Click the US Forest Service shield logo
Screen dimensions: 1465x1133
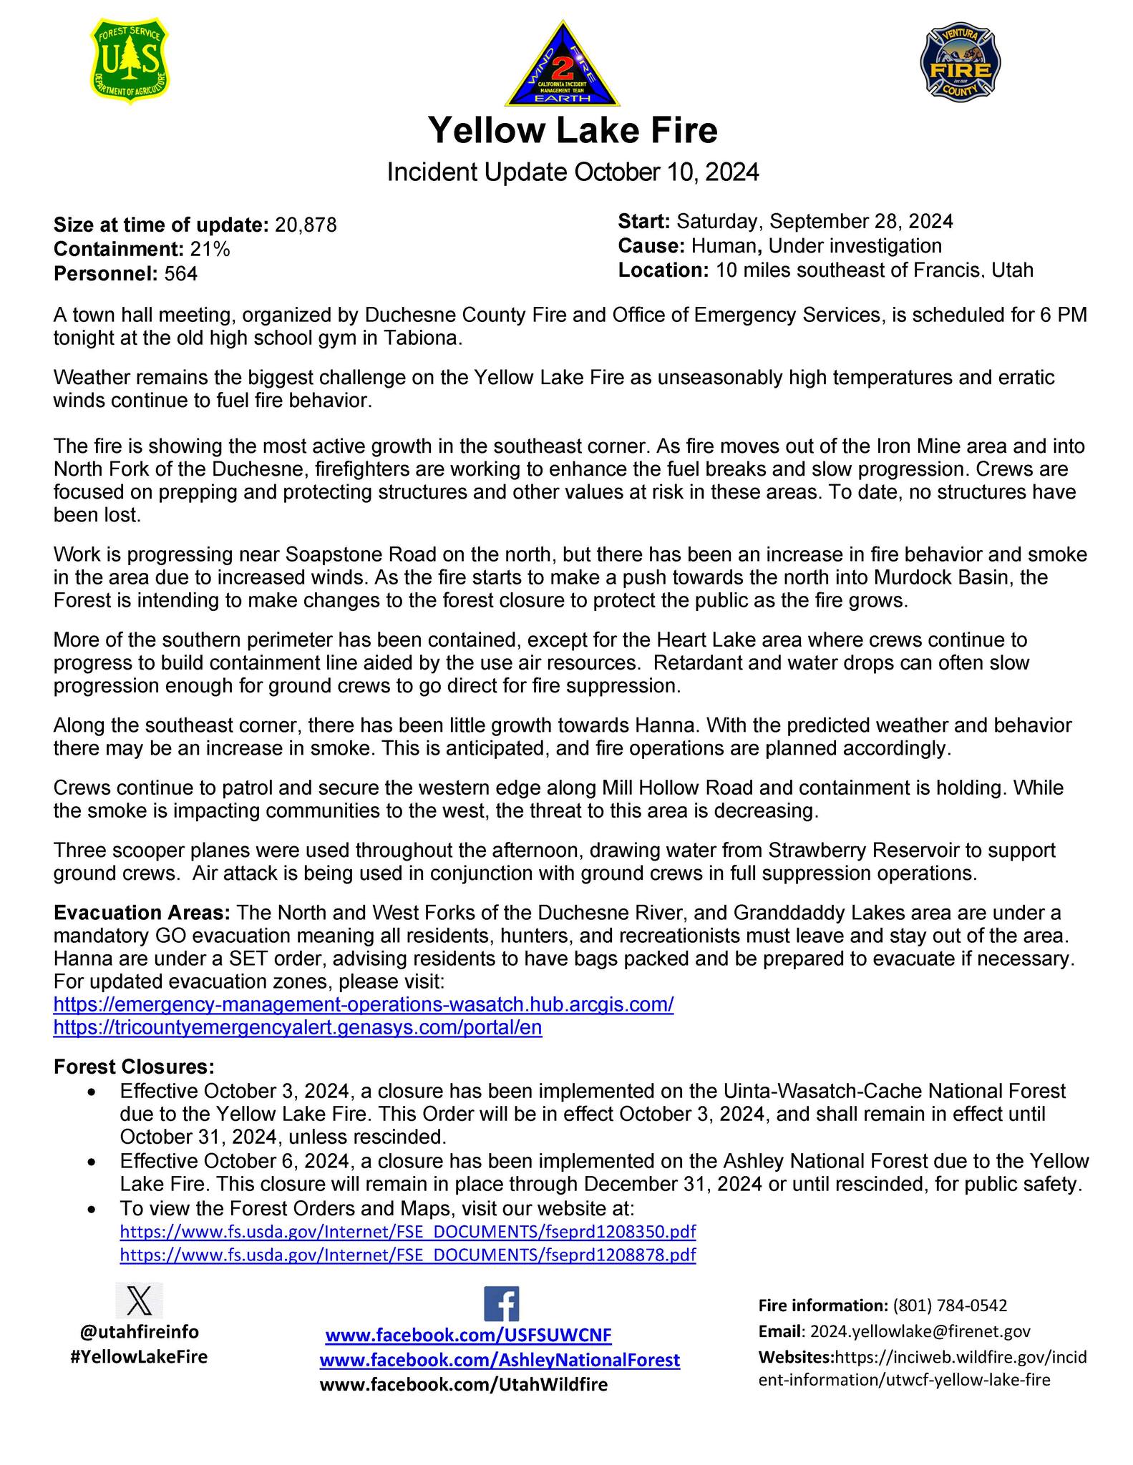[131, 61]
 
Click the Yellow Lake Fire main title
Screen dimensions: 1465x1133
[573, 130]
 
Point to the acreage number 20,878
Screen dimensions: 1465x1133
[306, 225]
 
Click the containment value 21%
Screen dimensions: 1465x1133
[210, 249]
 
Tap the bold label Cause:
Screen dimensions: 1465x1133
[651, 246]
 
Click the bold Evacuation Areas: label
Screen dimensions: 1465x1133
[142, 913]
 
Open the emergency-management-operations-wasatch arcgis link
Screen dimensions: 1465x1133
[364, 1004]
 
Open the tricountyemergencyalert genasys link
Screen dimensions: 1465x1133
[298, 1028]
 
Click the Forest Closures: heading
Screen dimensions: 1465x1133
[134, 1067]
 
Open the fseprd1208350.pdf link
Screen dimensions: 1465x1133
[408, 1232]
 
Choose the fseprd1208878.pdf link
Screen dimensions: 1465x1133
[408, 1255]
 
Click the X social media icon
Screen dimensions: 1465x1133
[139, 1300]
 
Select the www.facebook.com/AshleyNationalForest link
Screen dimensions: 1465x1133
[500, 1360]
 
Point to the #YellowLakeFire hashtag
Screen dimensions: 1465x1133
[139, 1357]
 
